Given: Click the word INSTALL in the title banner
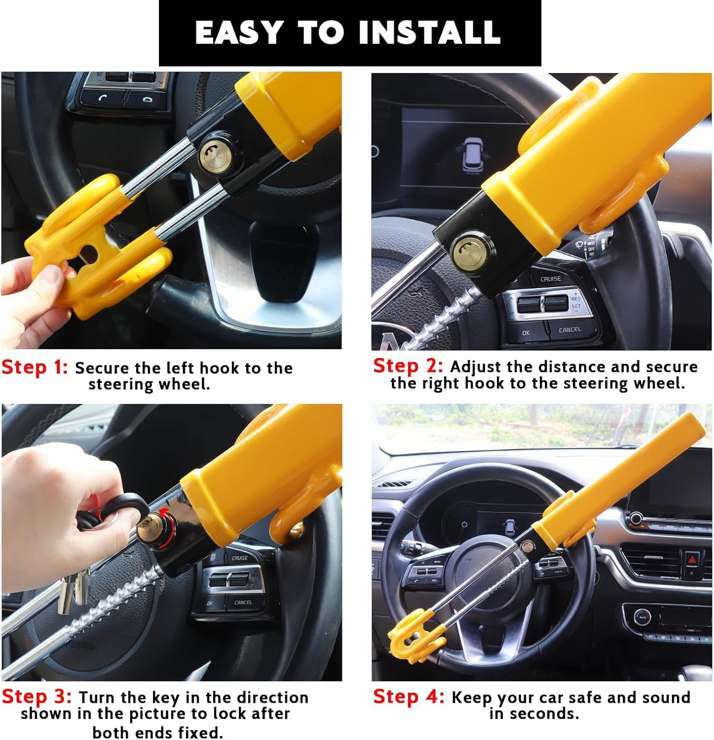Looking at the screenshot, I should [429, 33].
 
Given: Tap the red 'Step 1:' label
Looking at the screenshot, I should [35, 368].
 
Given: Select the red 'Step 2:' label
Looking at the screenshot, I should [408, 366].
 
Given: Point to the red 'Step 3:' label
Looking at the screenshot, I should [37, 697].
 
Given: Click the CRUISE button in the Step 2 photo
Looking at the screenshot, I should [550, 279].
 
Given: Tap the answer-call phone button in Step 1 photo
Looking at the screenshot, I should [103, 98].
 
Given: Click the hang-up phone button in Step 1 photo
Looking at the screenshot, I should [147, 99].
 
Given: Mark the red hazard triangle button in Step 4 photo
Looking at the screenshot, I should [691, 560].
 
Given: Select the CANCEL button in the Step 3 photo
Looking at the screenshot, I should [243, 602].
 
